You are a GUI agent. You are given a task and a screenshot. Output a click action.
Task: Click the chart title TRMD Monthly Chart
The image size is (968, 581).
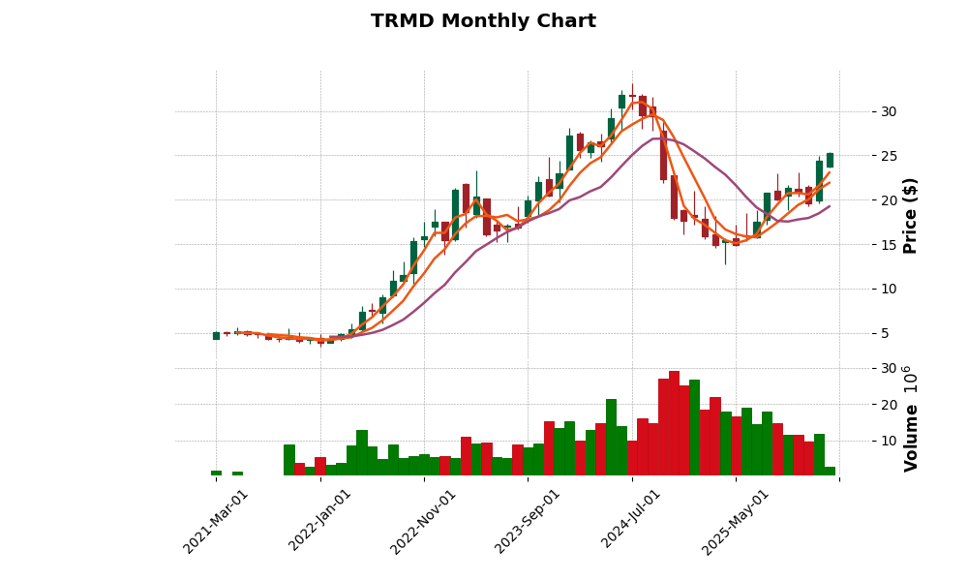click(x=483, y=21)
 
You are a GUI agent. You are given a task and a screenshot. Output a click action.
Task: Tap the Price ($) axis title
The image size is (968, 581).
click(x=910, y=215)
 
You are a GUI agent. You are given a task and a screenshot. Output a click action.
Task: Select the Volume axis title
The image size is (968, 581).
click(x=910, y=418)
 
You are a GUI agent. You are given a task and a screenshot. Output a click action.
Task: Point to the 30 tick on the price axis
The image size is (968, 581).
click(x=888, y=111)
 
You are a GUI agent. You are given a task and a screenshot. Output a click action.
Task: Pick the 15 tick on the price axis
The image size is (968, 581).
click(x=888, y=245)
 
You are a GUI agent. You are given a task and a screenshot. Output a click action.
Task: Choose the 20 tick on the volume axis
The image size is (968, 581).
click(x=888, y=405)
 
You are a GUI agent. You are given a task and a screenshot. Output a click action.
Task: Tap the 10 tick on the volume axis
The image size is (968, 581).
click(x=888, y=441)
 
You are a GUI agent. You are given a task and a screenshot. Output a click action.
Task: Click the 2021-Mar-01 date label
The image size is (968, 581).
click(x=216, y=521)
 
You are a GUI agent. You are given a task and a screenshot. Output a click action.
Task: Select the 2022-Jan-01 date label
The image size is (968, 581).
click(x=320, y=521)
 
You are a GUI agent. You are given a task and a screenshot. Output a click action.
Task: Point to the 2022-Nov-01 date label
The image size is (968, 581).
click(x=423, y=521)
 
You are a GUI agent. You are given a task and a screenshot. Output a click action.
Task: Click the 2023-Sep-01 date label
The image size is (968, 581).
click(x=528, y=521)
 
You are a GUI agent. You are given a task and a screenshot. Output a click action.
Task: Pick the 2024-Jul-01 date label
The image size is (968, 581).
click(x=630, y=521)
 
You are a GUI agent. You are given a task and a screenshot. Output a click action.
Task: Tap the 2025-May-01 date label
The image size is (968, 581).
click(x=735, y=521)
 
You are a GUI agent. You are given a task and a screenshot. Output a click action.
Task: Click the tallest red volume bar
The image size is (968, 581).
click(x=674, y=423)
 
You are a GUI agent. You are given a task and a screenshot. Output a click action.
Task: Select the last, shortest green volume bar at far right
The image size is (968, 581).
click(x=830, y=471)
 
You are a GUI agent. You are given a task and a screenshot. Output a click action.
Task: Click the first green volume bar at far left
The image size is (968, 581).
click(x=216, y=473)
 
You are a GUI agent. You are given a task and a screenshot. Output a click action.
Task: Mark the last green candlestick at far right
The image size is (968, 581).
click(x=830, y=160)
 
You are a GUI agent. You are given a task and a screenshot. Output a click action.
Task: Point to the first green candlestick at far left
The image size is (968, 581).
click(x=216, y=335)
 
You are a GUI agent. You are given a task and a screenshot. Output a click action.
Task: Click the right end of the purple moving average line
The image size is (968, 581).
click(x=829, y=206)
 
